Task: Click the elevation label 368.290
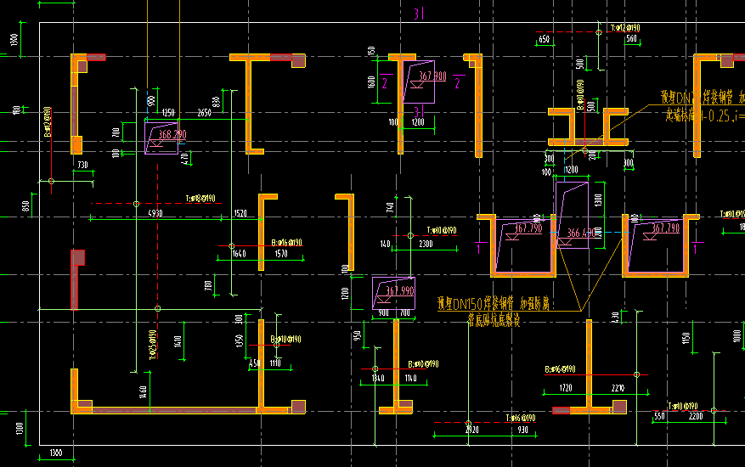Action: pyautogui.click(x=173, y=133)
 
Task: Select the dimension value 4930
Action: pyautogui.click(x=155, y=212)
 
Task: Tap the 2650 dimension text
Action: pyautogui.click(x=204, y=113)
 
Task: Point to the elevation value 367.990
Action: pyautogui.click(x=399, y=290)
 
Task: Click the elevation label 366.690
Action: pyautogui.click(x=581, y=233)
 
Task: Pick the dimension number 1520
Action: pyautogui.click(x=240, y=212)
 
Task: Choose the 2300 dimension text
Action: pyautogui.click(x=426, y=244)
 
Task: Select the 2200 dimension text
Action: pyautogui.click(x=696, y=416)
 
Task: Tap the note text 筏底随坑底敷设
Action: pyautogui.click(x=493, y=321)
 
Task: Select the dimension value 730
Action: pyautogui.click(x=82, y=165)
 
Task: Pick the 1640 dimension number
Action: pyautogui.click(x=238, y=253)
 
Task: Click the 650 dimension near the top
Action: pyautogui.click(x=545, y=39)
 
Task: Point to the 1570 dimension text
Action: pyautogui.click(x=281, y=253)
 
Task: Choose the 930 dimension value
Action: pyautogui.click(x=522, y=430)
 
